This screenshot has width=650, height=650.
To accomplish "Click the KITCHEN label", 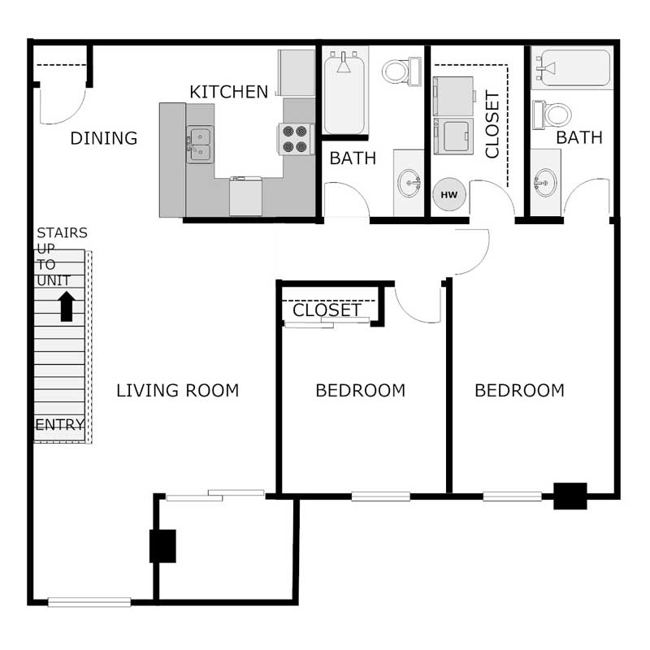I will click(x=228, y=92).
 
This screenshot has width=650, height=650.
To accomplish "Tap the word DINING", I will click(x=103, y=138).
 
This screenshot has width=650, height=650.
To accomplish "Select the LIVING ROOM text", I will click(x=177, y=391).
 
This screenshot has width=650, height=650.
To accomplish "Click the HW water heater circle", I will click(x=448, y=195).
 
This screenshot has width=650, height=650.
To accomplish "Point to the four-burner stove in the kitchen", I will click(x=296, y=139).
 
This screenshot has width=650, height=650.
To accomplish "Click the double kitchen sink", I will click(x=199, y=145).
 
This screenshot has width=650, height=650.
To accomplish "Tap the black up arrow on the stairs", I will click(x=67, y=306).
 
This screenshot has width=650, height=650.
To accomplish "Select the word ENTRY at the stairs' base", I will click(x=59, y=425).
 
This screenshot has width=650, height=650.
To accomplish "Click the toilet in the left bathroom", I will click(x=400, y=71).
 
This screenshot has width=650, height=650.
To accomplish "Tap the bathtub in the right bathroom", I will click(x=570, y=68).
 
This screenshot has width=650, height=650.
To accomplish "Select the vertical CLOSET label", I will click(x=492, y=124).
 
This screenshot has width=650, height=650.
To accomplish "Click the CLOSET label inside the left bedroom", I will click(x=326, y=310).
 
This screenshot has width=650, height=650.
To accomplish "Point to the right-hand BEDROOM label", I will click(x=519, y=391).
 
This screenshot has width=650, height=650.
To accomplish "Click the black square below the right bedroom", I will click(x=570, y=496).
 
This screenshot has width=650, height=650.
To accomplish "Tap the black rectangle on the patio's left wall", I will click(x=162, y=546).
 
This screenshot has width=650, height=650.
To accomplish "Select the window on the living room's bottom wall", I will click(x=89, y=602).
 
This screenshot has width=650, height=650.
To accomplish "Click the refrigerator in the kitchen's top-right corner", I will click(x=296, y=73).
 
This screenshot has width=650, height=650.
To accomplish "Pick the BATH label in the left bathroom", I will click(x=353, y=158).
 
